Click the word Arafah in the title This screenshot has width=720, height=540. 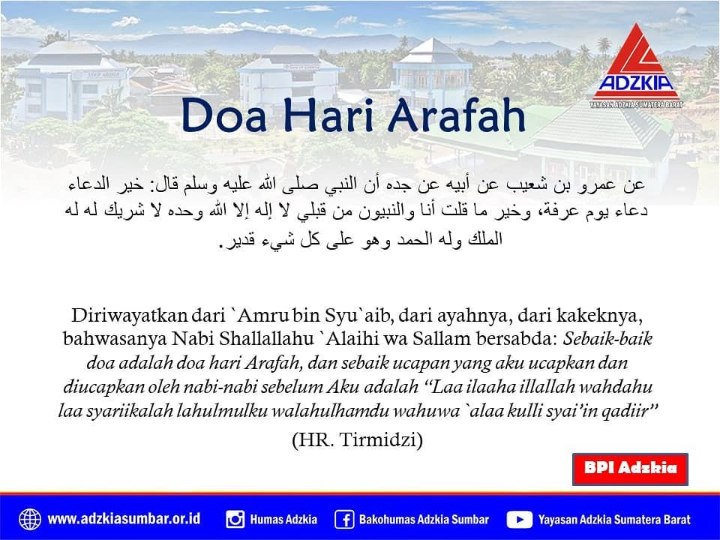pyautogui.click(x=457, y=115)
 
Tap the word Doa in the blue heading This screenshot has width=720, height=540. pyautogui.click(x=224, y=115)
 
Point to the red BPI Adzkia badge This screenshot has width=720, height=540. pyautogui.click(x=630, y=469)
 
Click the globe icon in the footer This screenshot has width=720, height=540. pyautogui.click(x=30, y=519)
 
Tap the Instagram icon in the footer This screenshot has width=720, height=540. pyautogui.click(x=235, y=519)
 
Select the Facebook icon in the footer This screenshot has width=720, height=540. pyautogui.click(x=344, y=519)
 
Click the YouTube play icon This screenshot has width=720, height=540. pyautogui.click(x=519, y=519)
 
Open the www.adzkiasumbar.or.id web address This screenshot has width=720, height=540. pyautogui.click(x=124, y=519)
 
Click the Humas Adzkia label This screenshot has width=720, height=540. pyautogui.click(x=283, y=519)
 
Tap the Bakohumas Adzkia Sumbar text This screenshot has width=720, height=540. pyautogui.click(x=424, y=519)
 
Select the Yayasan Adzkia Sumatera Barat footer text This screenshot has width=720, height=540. pyautogui.click(x=614, y=519)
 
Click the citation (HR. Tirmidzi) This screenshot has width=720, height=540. pyautogui.click(x=357, y=439)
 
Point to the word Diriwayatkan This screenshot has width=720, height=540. pyautogui.click(x=130, y=315)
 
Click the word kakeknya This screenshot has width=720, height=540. pyautogui.click(x=599, y=316)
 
